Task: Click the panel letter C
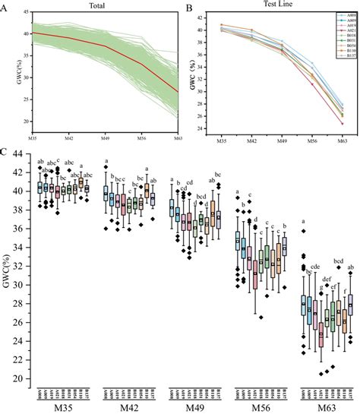(7, 152)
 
